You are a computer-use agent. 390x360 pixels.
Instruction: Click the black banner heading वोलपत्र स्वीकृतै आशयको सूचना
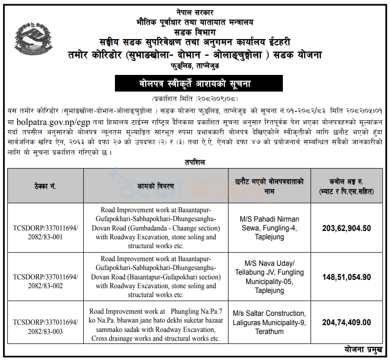click(195, 83)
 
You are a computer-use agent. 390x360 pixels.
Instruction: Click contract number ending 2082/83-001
click(46, 232)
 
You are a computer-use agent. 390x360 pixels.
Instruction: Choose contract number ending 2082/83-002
click(46, 281)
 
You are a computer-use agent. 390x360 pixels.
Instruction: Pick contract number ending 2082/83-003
click(46, 327)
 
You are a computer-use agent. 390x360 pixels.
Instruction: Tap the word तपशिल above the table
click(195, 162)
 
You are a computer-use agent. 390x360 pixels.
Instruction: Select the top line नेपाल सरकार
click(195, 11)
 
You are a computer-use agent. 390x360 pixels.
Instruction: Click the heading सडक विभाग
click(195, 30)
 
